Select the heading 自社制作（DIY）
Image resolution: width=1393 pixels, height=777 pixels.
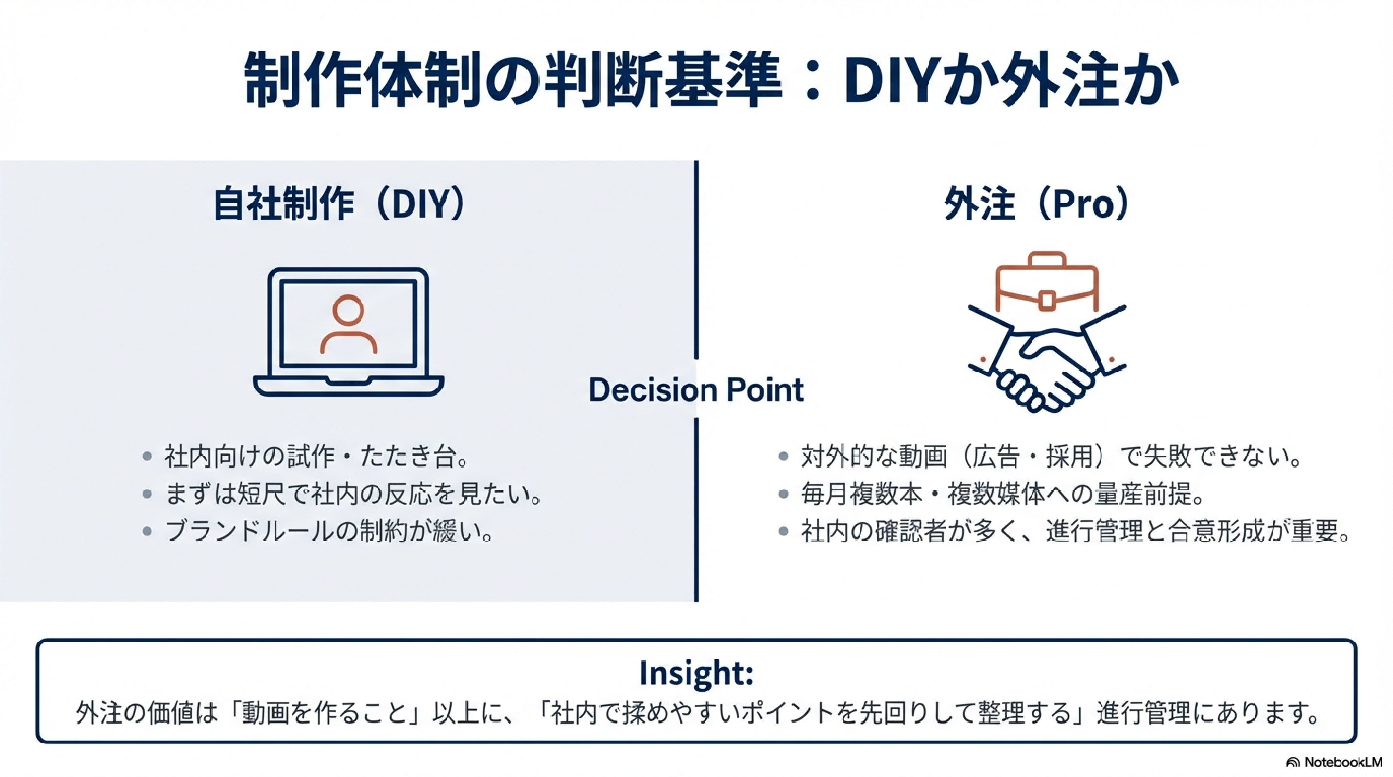click(x=340, y=204)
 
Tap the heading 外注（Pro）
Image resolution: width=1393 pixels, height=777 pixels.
click(x=1036, y=204)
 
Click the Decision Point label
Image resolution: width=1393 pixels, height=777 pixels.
click(x=696, y=389)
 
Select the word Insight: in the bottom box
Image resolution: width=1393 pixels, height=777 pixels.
click(x=697, y=673)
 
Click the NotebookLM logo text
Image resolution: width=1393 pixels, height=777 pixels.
click(x=1342, y=762)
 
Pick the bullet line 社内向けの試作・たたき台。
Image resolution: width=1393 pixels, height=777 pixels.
click(x=316, y=457)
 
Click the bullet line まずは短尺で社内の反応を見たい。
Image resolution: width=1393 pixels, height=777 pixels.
click(x=353, y=494)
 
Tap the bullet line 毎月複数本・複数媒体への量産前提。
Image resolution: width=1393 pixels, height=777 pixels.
click(x=1002, y=494)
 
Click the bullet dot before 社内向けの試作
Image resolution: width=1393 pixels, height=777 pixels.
click(x=147, y=457)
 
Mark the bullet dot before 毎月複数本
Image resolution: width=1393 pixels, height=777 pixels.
click(x=783, y=494)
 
